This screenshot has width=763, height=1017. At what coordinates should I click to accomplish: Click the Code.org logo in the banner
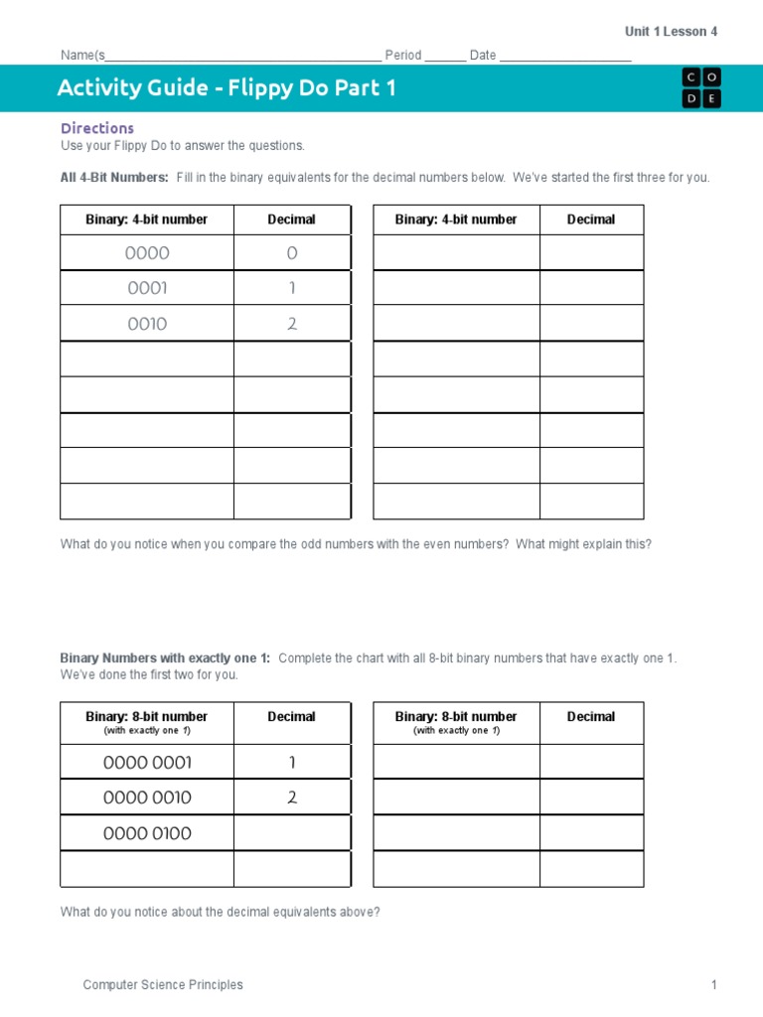(x=701, y=88)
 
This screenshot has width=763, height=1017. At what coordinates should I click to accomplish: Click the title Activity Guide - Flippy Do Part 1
(x=227, y=88)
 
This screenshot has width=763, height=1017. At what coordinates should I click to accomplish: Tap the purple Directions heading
(x=97, y=128)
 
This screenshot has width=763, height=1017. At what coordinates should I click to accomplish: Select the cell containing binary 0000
(x=147, y=253)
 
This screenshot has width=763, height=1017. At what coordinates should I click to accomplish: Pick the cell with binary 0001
(x=147, y=288)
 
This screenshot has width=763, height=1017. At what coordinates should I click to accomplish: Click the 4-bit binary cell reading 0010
(x=147, y=324)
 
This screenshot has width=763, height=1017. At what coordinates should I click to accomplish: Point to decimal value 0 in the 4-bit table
(x=292, y=253)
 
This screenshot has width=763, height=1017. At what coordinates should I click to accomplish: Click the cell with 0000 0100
(x=147, y=833)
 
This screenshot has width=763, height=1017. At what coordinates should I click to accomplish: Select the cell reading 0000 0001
(x=147, y=763)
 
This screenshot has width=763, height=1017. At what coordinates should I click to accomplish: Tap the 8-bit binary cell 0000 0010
(x=147, y=798)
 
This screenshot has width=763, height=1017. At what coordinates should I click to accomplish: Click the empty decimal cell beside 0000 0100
(x=292, y=833)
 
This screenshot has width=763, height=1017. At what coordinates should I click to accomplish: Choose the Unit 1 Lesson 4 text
(x=671, y=32)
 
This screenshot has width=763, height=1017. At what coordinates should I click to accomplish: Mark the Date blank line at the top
(x=565, y=56)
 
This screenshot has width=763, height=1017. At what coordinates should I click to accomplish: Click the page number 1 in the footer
(x=713, y=985)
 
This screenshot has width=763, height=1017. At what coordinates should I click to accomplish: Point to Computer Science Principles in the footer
(x=163, y=985)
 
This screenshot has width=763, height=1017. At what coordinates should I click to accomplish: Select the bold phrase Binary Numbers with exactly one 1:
(x=165, y=658)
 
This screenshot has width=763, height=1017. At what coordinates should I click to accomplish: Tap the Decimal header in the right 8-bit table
(x=591, y=716)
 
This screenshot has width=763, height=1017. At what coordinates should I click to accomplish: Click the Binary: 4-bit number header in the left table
(x=147, y=219)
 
